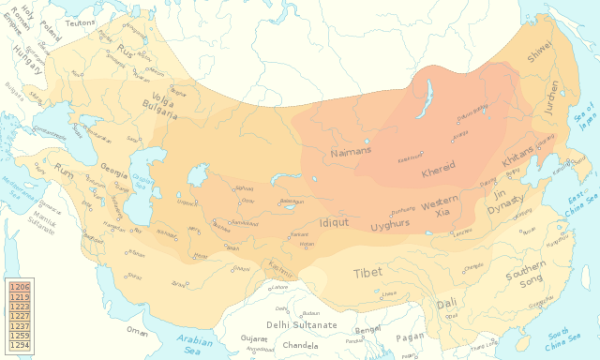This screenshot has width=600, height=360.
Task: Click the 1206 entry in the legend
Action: pyautogui.click(x=20, y=285)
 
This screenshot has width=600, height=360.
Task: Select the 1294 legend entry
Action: pyautogui.click(x=20, y=346)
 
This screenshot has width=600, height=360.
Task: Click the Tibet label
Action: pyautogui.click(x=367, y=273)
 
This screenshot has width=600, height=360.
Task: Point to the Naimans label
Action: pyautogui.click(x=352, y=150)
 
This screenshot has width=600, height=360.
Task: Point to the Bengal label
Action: pyautogui.click(x=367, y=331)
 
